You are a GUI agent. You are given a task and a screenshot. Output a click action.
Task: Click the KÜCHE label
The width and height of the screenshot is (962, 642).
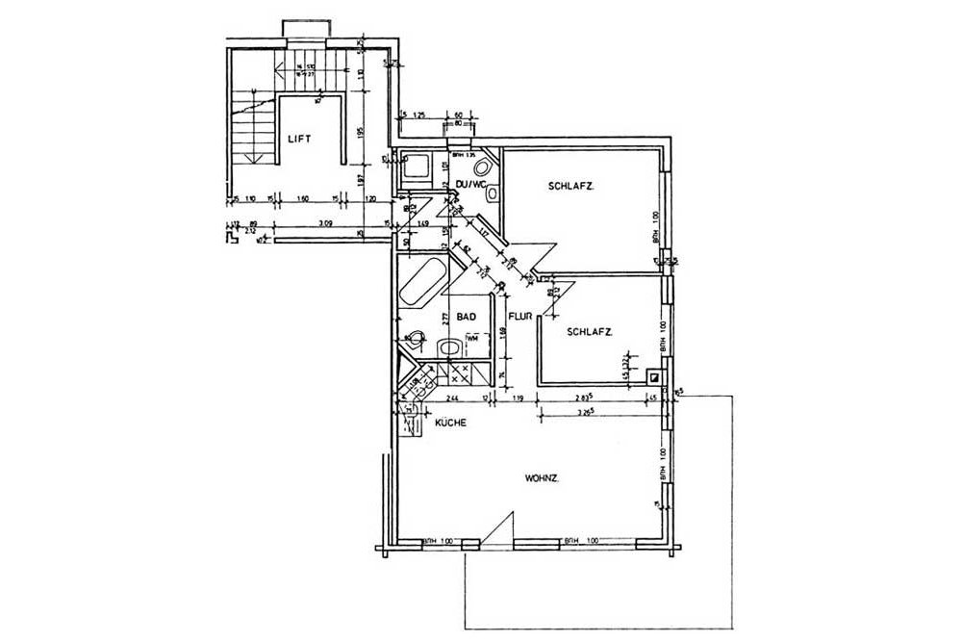pyautogui.click(x=450, y=422)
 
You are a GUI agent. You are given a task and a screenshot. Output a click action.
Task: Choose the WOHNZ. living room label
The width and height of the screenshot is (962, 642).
pyautogui.click(x=544, y=478)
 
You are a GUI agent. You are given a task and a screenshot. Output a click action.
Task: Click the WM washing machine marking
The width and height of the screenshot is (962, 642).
pyautogui.click(x=471, y=339)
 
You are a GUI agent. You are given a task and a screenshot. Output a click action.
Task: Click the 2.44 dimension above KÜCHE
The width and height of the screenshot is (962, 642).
pyautogui.click(x=452, y=397)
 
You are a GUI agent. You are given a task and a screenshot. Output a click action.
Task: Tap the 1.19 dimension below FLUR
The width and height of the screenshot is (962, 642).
pyautogui.click(x=517, y=397)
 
